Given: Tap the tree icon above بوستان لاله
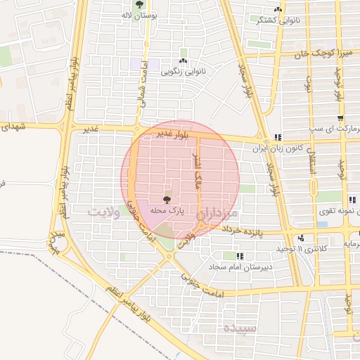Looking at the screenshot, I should click(141, 4).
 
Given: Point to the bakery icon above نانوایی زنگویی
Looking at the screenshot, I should click(184, 51).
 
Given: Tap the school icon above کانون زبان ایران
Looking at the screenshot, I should click(278, 138).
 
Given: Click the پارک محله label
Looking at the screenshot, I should click(166, 210).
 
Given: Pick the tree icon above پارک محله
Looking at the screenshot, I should click(166, 200).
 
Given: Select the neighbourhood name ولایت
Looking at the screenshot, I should click(108, 211).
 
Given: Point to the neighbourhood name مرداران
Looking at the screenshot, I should click(219, 212).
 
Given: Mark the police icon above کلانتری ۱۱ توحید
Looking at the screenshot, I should click(301, 238).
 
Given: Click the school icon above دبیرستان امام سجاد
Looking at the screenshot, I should click(240, 257).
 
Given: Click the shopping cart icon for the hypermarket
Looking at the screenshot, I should click(340, 118).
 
